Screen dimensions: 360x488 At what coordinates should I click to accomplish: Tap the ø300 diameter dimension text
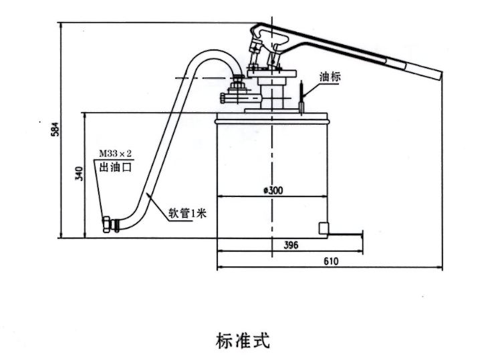click(273, 190)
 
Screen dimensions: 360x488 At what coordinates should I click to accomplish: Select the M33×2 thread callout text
click(115, 154)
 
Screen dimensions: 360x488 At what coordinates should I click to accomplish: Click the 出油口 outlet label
click(114, 167)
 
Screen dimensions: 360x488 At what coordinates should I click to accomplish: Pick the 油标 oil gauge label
click(330, 76)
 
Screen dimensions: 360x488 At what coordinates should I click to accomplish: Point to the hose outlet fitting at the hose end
click(111, 224)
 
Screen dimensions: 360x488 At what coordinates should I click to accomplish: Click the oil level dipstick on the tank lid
click(303, 97)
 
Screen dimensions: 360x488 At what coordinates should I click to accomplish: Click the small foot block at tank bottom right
click(323, 228)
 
